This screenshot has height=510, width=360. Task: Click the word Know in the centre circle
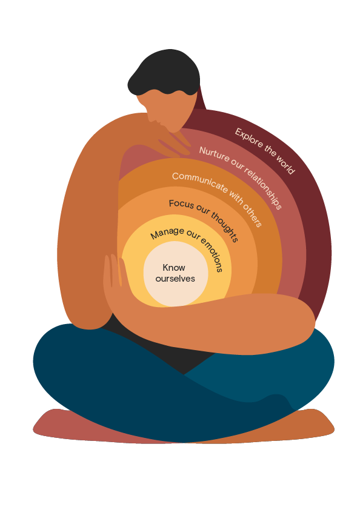click(x=174, y=267)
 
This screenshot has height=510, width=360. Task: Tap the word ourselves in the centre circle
click(x=175, y=279)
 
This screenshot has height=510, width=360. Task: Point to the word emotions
click(x=212, y=254)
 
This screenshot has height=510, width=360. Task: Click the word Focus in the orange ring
click(x=181, y=204)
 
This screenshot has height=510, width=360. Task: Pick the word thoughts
click(x=225, y=227)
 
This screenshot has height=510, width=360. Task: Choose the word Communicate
click(x=200, y=182)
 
